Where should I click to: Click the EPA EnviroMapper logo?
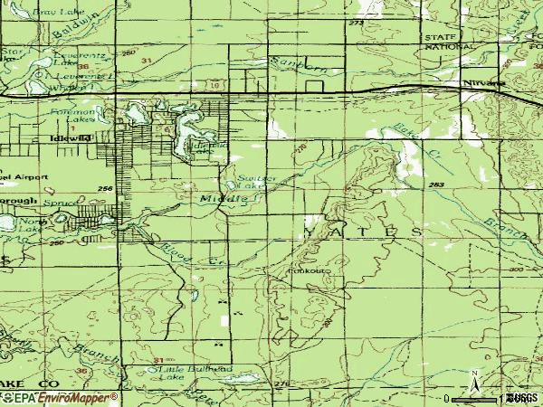point(59,397)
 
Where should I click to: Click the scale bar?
point(480,398)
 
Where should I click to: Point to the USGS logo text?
point(523,398)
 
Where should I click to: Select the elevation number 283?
point(437,185)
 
